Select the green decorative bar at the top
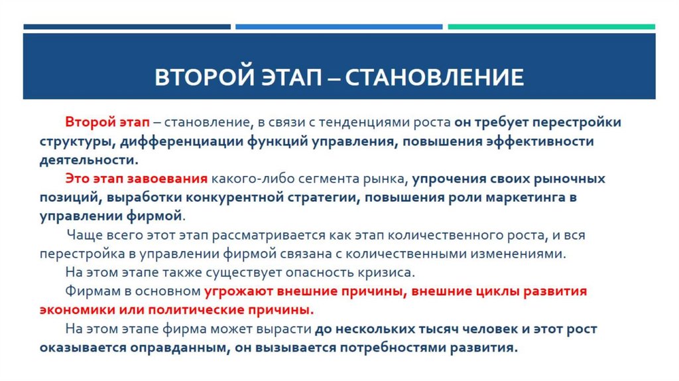point(551,27)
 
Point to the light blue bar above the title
point(339,27)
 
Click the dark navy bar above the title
point(127,27)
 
